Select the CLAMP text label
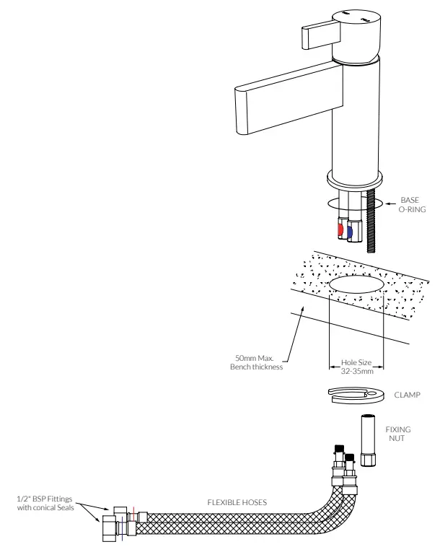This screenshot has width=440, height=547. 408,395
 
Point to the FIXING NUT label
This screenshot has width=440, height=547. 398,434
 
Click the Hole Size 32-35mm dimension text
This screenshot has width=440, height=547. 356,367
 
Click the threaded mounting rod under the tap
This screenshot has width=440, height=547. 371,220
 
